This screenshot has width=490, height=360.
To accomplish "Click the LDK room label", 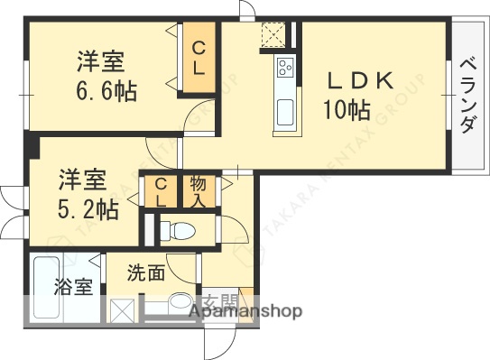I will coord(360,81).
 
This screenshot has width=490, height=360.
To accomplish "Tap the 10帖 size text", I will coord(347,111).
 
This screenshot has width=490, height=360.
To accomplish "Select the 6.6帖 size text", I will coord(106,91).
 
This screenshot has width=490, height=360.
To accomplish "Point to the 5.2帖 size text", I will coord(88,209).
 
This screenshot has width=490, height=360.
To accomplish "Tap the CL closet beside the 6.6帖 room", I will coord(199,58).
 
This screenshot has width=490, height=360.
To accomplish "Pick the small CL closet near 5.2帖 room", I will coord(160,193).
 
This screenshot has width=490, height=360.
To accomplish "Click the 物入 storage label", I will coord(199,192).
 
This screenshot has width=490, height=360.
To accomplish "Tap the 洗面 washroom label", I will coord(145,272).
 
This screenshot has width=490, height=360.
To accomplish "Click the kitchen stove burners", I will coord(285,67).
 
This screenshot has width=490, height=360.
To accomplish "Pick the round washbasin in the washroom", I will coord(180,305).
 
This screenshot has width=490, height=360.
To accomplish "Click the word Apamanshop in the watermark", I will coord(245,311).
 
